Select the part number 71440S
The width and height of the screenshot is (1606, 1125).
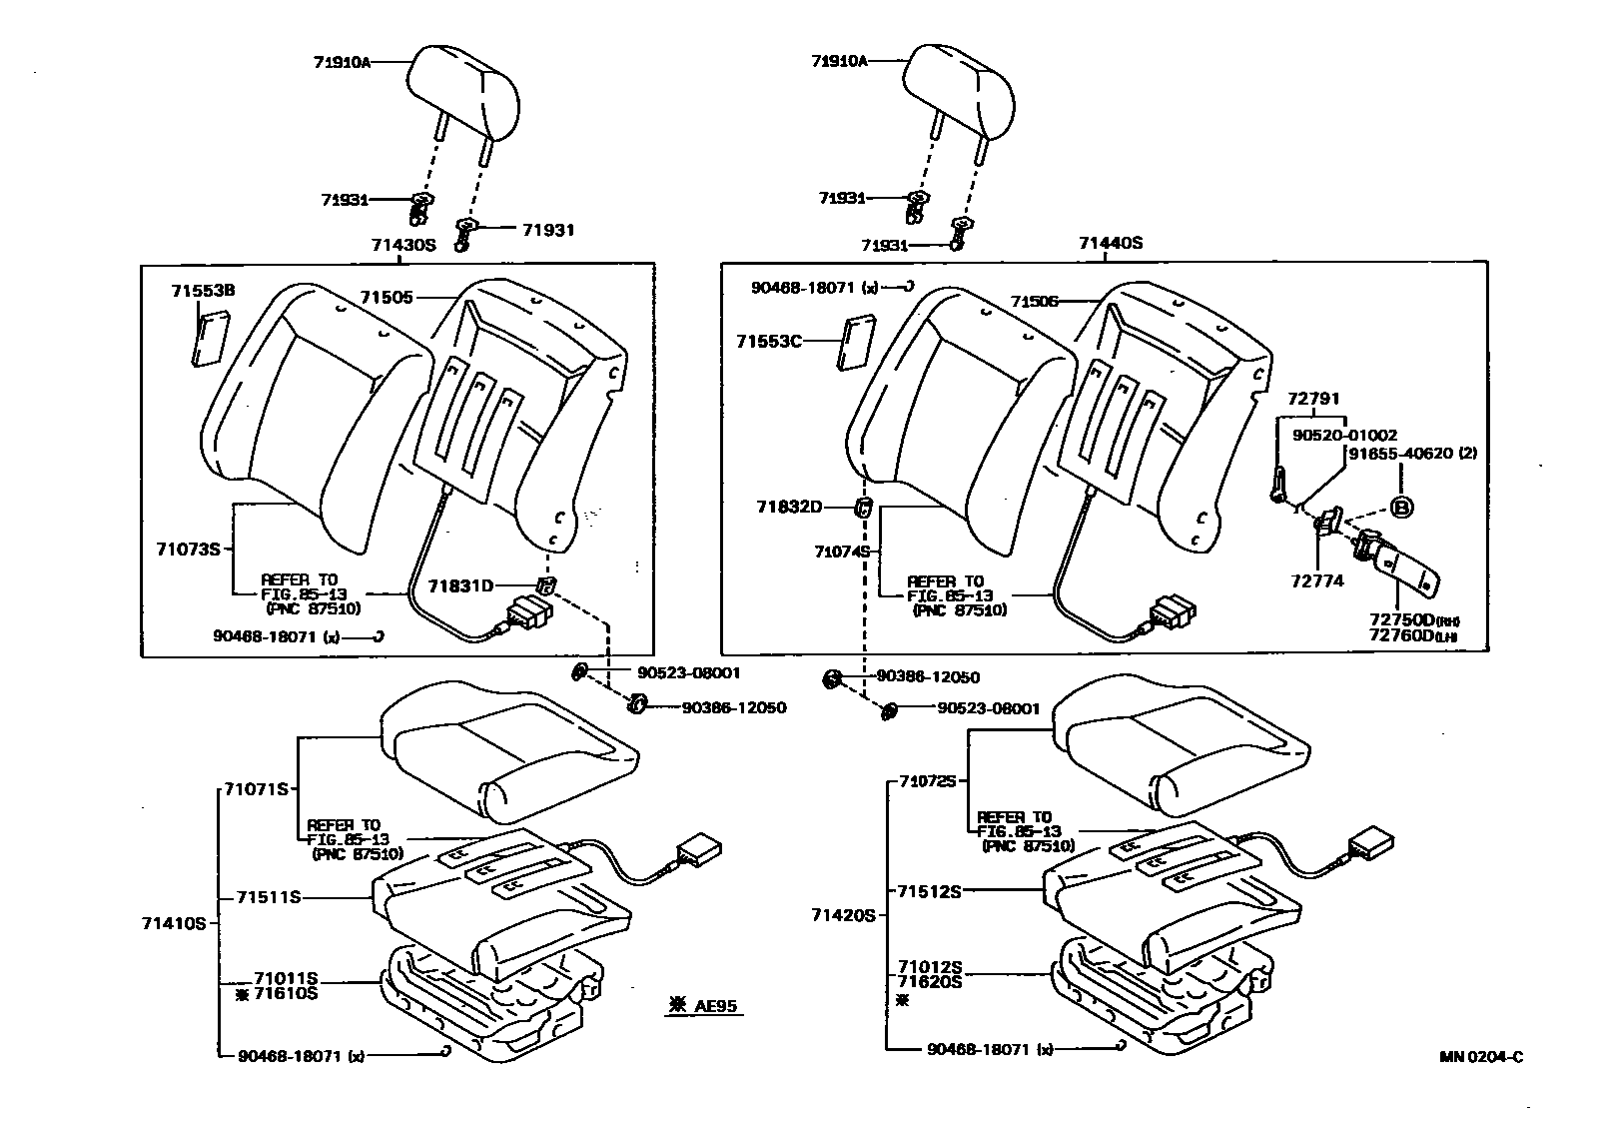coord(1110,243)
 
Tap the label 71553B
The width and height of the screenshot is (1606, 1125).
coord(203,291)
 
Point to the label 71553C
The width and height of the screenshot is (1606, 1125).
coord(769,341)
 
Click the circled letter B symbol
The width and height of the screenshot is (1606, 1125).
coord(1402,508)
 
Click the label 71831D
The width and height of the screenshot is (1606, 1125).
coord(461,585)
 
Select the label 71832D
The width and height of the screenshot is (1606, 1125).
coord(788,508)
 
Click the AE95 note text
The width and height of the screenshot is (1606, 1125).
coord(715,1005)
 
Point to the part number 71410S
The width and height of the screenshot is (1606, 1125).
coord(173,923)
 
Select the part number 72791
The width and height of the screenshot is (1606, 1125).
coord(1313,398)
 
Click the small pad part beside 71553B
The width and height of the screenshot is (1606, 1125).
coord(211,340)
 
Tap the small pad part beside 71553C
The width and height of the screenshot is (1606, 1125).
coord(853,345)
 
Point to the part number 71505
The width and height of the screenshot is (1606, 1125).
coord(387,297)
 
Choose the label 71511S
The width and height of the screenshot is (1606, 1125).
coord(268,897)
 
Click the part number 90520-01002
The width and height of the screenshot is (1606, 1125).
coord(1344,436)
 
